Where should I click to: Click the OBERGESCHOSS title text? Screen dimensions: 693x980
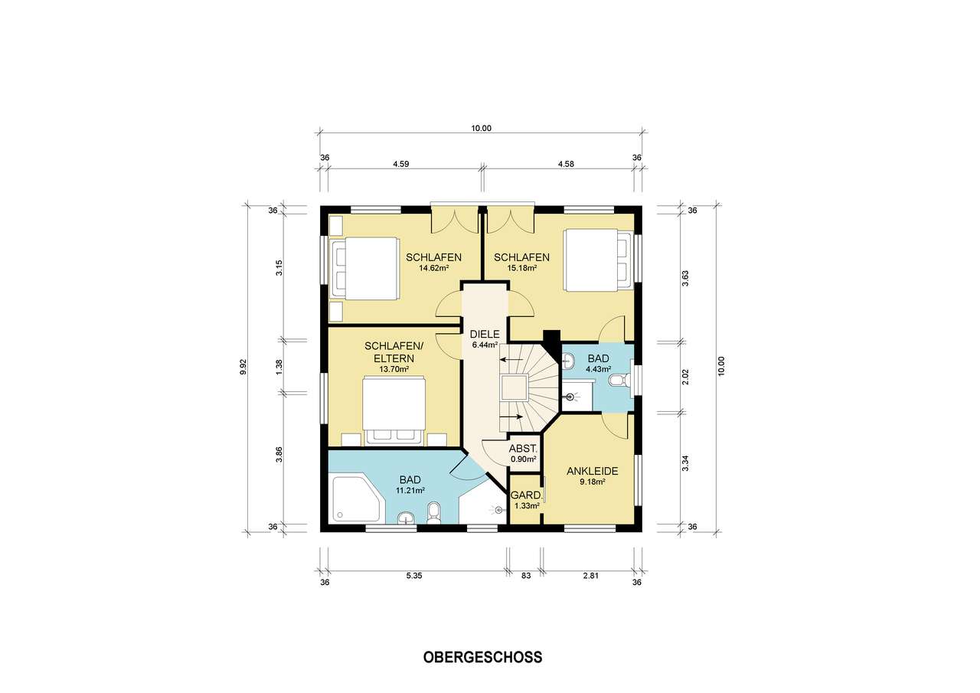point(482,657)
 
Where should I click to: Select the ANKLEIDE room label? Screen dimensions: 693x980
point(592,471)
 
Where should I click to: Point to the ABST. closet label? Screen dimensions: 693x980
point(524,449)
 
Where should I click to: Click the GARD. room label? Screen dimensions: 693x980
point(525,495)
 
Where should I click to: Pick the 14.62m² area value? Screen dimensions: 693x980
point(433,268)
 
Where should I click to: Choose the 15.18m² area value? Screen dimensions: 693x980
point(521,268)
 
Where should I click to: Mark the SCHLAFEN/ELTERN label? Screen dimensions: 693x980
point(389,351)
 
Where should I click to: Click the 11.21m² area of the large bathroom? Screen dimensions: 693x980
point(410,490)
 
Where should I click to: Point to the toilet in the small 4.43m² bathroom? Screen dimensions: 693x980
point(619,381)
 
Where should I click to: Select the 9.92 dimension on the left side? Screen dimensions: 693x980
point(243,368)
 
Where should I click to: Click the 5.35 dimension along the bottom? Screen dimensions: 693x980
point(414,576)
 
